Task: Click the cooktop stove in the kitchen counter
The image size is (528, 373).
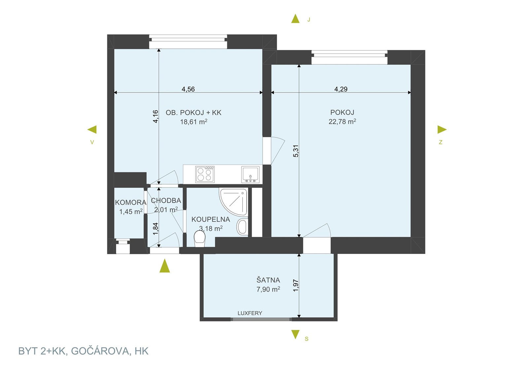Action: (205, 174)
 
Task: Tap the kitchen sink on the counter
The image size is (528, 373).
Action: (250, 174)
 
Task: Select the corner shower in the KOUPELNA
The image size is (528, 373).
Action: (233, 202)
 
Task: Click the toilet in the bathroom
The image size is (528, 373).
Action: (199, 239)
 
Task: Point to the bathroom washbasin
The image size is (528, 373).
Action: (242, 227)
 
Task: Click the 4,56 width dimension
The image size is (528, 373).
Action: (188, 89)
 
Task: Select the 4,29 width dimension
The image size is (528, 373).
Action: (341, 89)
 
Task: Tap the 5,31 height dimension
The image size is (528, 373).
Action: (296, 151)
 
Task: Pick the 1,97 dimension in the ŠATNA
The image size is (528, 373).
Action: (296, 285)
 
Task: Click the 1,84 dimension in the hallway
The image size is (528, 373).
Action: (155, 229)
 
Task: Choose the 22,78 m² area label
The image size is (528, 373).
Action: (342, 122)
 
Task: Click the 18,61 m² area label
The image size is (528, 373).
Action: (194, 122)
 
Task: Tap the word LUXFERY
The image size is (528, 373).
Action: (250, 313)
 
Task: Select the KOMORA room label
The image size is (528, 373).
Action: (131, 202)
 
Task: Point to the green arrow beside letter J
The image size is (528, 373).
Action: (295, 18)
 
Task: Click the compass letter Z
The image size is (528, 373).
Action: (441, 142)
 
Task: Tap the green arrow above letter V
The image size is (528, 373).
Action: (92, 129)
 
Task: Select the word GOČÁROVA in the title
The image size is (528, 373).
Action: (100, 351)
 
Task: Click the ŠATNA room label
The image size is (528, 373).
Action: (268, 280)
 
